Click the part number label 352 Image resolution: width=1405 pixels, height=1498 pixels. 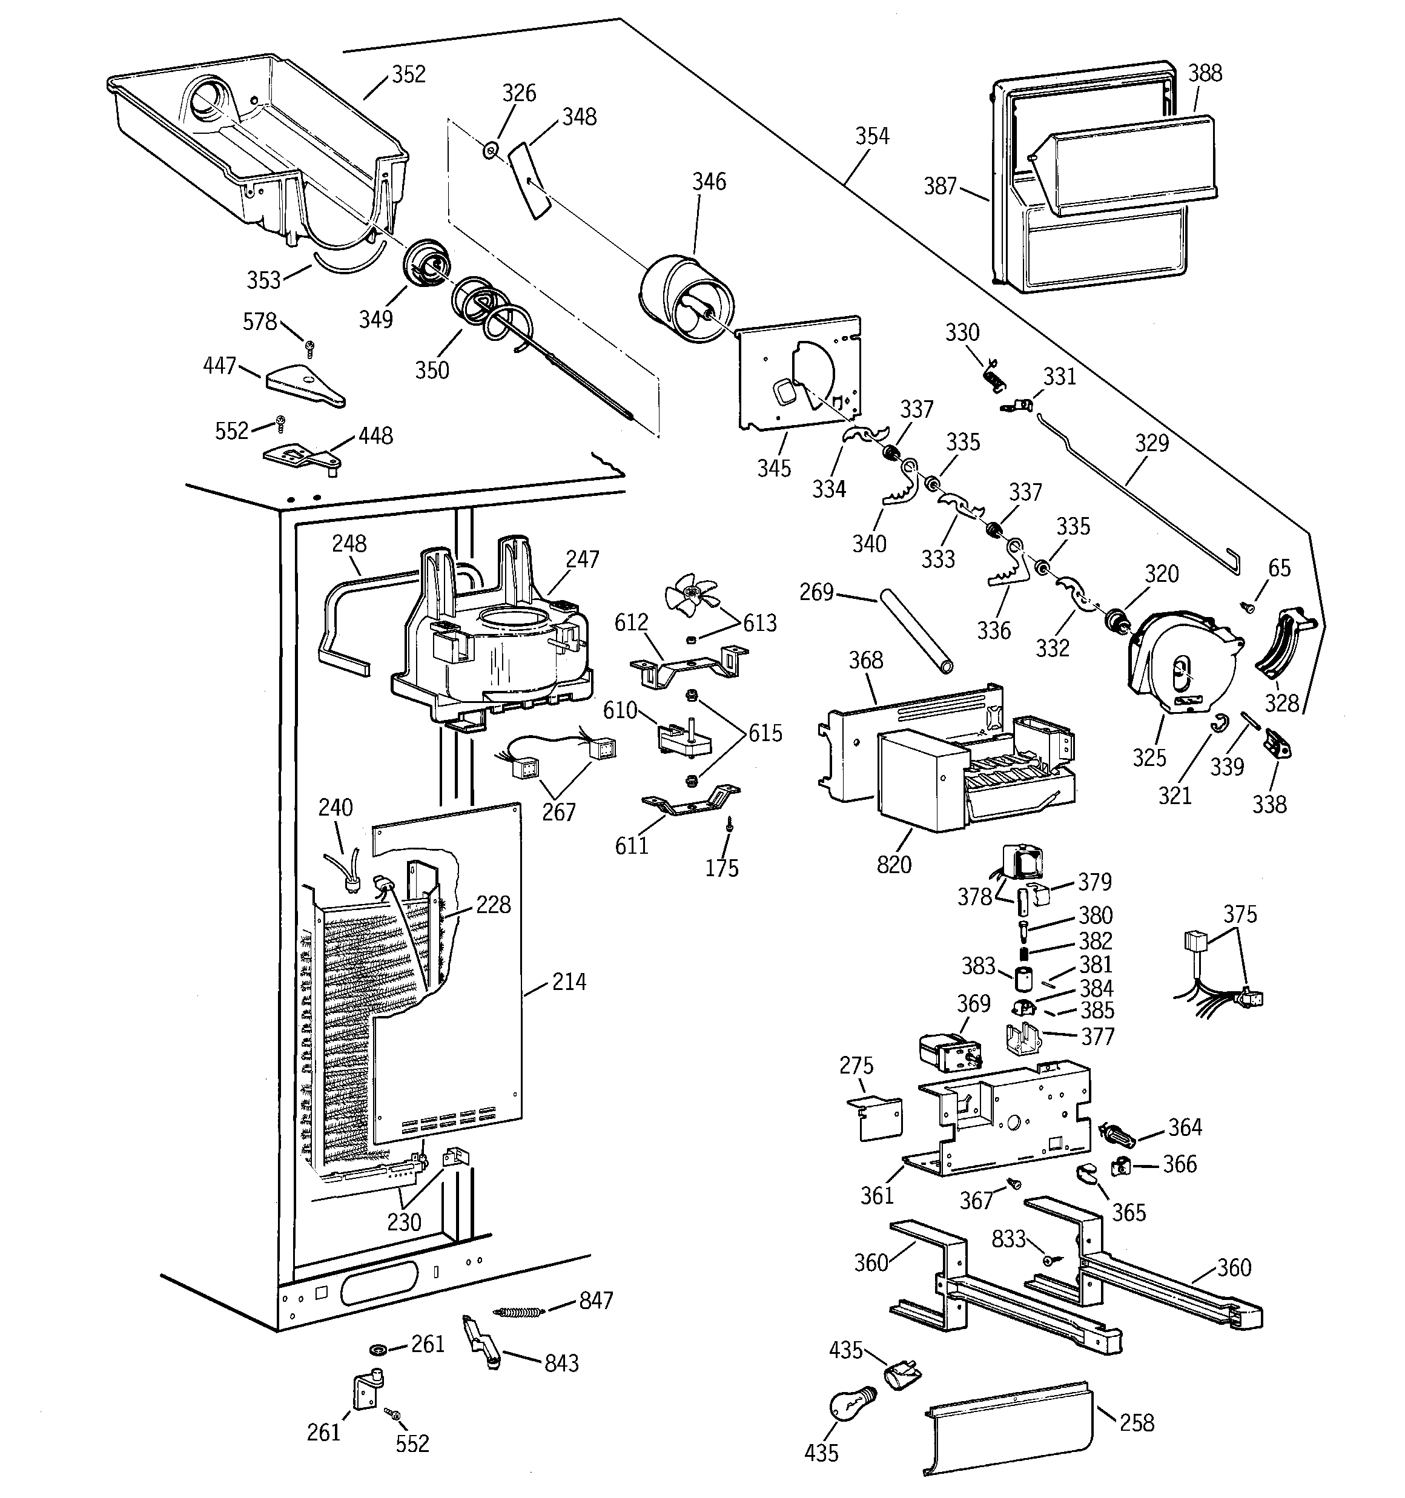pyautogui.click(x=409, y=74)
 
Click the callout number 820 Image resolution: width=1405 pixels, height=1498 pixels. pyautogui.click(x=894, y=864)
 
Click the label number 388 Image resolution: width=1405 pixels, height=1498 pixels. pyautogui.click(x=1205, y=73)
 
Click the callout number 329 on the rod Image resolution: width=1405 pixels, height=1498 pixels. pyautogui.click(x=1152, y=443)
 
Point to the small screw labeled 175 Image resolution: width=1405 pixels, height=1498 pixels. pyautogui.click(x=730, y=827)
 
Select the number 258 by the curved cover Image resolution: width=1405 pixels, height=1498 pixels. pyautogui.click(x=1137, y=1423)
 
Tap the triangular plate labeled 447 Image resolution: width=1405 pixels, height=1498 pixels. pyautogui.click(x=304, y=385)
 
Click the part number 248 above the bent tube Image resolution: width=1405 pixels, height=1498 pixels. pyautogui.click(x=349, y=543)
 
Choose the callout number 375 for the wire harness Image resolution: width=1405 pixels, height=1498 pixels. pyautogui.click(x=1240, y=914)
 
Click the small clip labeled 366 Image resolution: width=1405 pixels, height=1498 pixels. pyautogui.click(x=1121, y=1166)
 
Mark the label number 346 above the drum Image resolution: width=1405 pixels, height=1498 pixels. pyautogui.click(x=709, y=182)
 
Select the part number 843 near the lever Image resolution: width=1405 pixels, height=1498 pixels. pyautogui.click(x=561, y=1363)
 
